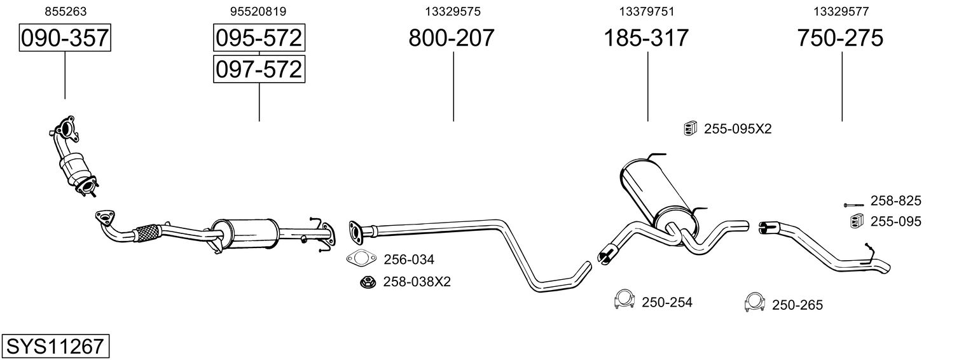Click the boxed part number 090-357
[65, 38]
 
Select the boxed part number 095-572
[259, 38]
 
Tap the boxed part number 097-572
[259, 69]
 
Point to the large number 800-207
[452, 38]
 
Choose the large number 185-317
[646, 38]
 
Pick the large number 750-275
[840, 38]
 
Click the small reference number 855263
[66, 11]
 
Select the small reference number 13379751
[647, 11]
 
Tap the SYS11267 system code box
[55, 346]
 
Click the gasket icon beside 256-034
[361, 258]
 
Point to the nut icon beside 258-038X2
[368, 282]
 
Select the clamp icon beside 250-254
[625, 299]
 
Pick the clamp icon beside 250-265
[754, 302]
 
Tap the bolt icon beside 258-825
[854, 205]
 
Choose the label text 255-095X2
[738, 129]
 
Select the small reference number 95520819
[258, 11]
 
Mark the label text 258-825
[895, 200]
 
